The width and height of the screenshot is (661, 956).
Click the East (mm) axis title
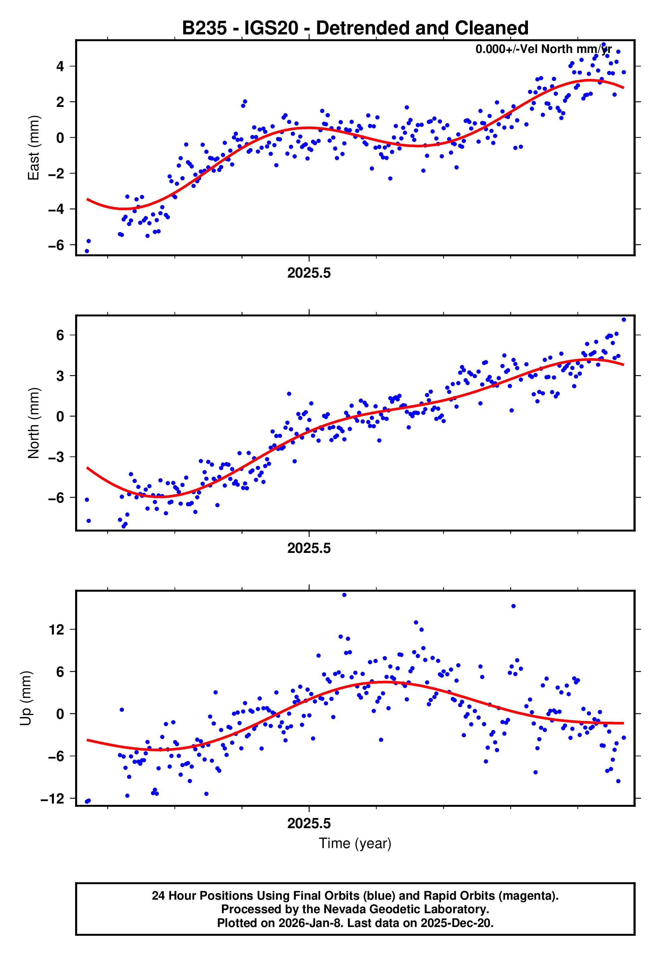pos(33,148)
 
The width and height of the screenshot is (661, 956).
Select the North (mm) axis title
pos(33,423)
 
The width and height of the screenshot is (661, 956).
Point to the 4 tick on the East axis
pos(60,66)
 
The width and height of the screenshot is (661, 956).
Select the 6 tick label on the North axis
pos(60,335)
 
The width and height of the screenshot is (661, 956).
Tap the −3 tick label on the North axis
pos(56,457)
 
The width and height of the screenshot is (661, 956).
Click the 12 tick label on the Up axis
pos(57,630)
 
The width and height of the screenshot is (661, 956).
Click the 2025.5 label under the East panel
pos(309,273)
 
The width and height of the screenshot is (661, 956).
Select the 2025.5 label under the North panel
pos(309,548)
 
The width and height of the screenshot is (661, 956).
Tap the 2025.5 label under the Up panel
pos(309,823)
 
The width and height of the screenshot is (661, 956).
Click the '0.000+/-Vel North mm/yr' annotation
pos(543,49)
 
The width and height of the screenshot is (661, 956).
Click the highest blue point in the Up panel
pos(344,595)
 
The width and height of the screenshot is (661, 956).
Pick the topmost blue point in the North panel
pos(624,320)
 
